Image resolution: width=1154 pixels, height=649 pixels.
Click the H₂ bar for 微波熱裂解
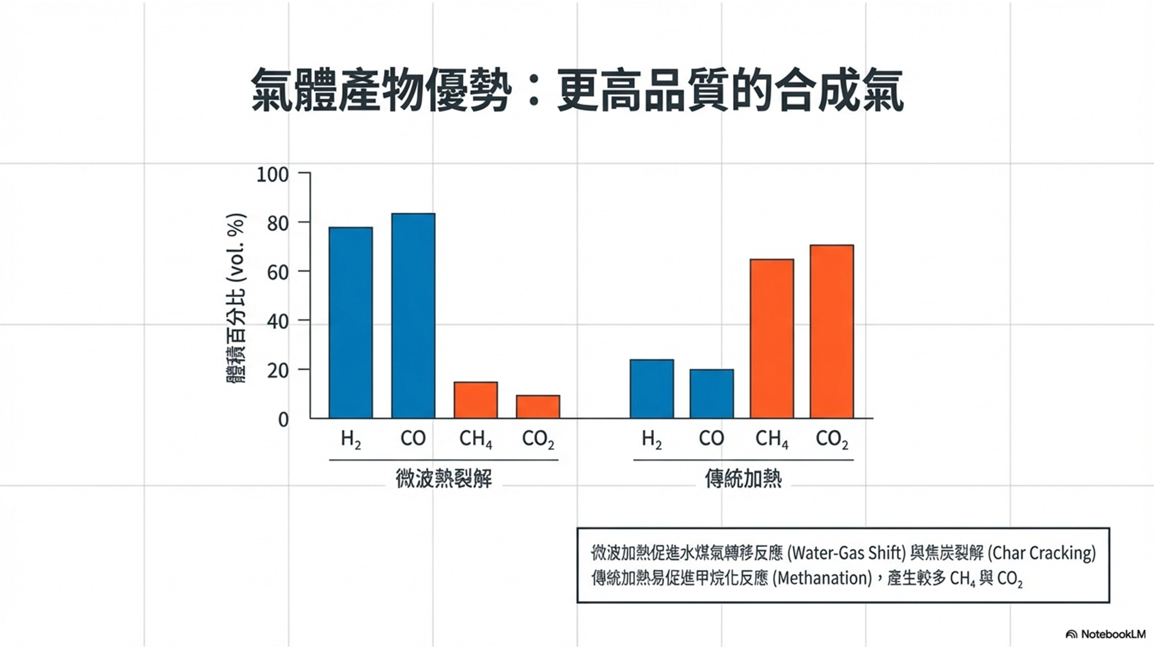pyautogui.click(x=350, y=323)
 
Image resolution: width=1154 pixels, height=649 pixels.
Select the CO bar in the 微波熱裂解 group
pyautogui.click(x=413, y=315)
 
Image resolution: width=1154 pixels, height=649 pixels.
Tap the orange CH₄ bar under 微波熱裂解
pyautogui.click(x=475, y=400)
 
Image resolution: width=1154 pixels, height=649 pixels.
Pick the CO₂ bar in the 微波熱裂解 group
pyautogui.click(x=538, y=406)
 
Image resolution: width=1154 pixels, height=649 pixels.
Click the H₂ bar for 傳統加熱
pyautogui.click(x=652, y=389)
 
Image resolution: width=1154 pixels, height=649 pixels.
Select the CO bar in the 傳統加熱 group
pyautogui.click(x=712, y=394)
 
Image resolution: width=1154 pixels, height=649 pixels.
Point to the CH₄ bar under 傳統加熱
pyautogui.click(x=772, y=338)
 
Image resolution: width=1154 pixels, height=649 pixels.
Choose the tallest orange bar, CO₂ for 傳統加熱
pyautogui.click(x=832, y=331)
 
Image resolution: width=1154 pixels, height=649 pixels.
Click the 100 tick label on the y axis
pyautogui.click(x=272, y=175)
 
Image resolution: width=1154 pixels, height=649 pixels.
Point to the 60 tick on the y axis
pyautogui.click(x=278, y=272)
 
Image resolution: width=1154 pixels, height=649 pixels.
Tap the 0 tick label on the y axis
pyautogui.click(x=283, y=419)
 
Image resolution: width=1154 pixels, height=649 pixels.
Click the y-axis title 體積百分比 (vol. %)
pyautogui.click(x=236, y=299)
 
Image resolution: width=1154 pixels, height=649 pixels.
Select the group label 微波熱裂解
pyautogui.click(x=444, y=479)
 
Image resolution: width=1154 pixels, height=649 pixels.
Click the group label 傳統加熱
pyautogui.click(x=743, y=479)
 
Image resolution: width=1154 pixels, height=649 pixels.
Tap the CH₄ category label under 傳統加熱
pyautogui.click(x=772, y=439)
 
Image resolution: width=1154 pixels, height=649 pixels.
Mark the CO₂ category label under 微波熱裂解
pyautogui.click(x=538, y=439)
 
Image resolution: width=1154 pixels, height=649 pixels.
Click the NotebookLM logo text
pyautogui.click(x=1113, y=634)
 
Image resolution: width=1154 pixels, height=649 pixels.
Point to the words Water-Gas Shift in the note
pyautogui.click(x=846, y=552)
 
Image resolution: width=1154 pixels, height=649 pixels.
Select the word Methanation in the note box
pyautogui.click(x=822, y=578)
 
